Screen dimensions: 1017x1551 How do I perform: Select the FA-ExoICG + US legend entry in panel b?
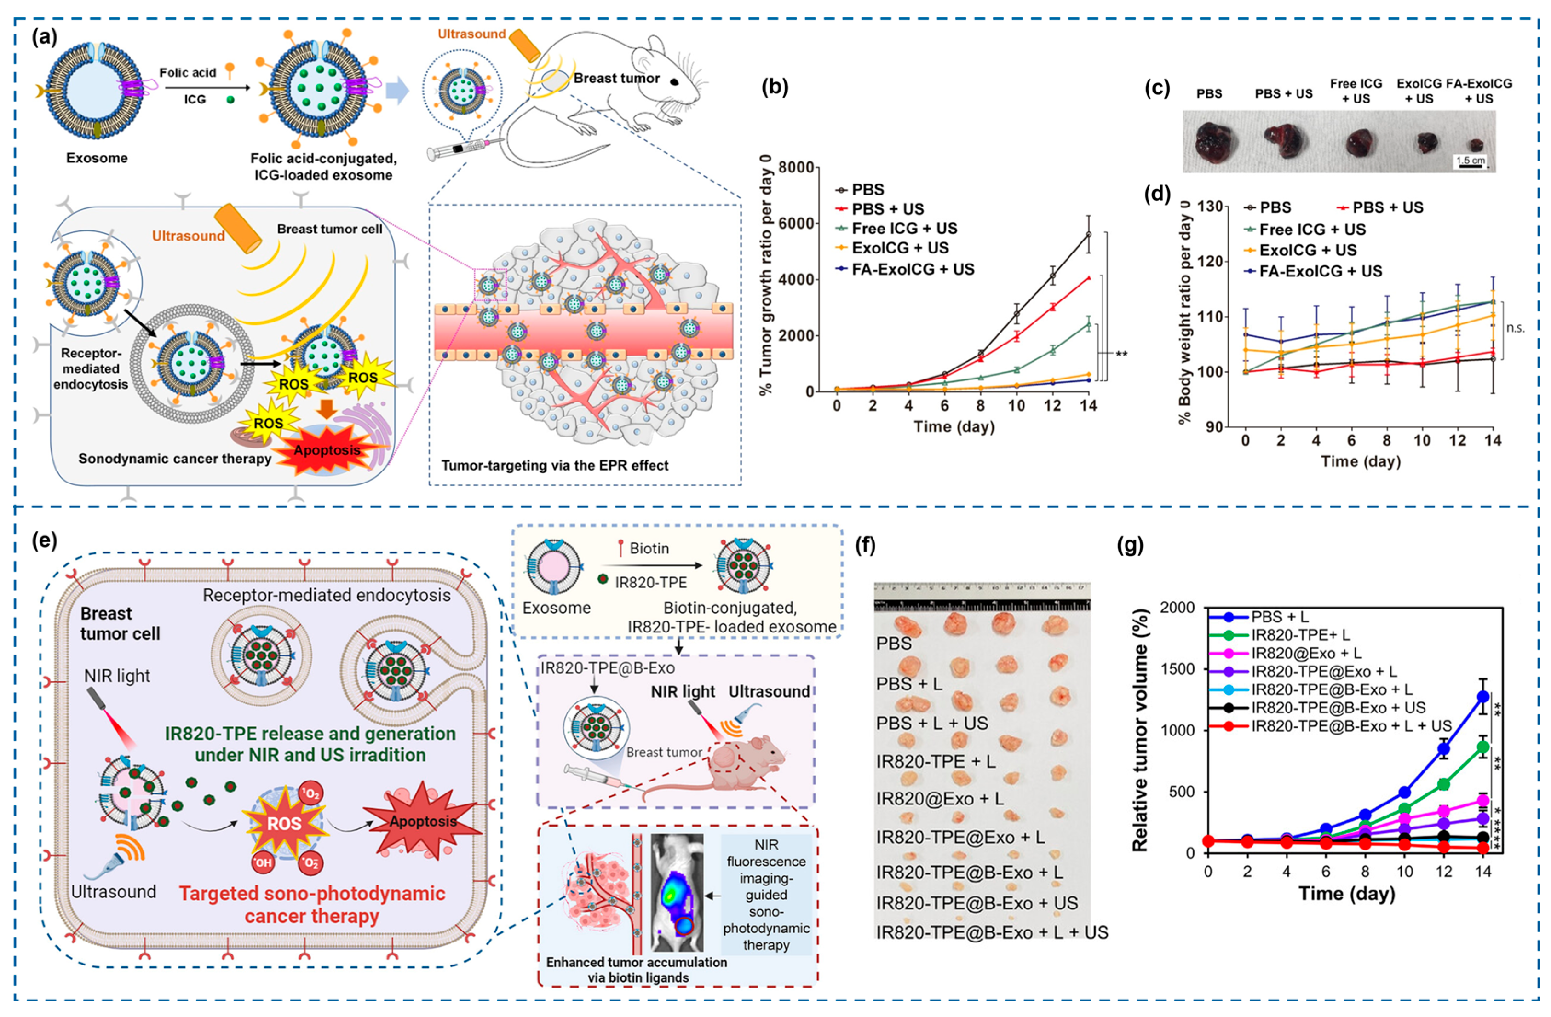(x=913, y=269)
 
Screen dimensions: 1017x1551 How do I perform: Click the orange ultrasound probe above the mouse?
(x=525, y=44)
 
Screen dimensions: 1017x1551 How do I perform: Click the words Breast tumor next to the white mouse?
(x=616, y=78)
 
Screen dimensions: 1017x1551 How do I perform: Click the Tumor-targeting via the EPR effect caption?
(x=555, y=465)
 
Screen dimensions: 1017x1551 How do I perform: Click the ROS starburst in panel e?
(x=284, y=823)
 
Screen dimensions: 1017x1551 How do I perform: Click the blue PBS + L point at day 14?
(x=1482, y=696)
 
